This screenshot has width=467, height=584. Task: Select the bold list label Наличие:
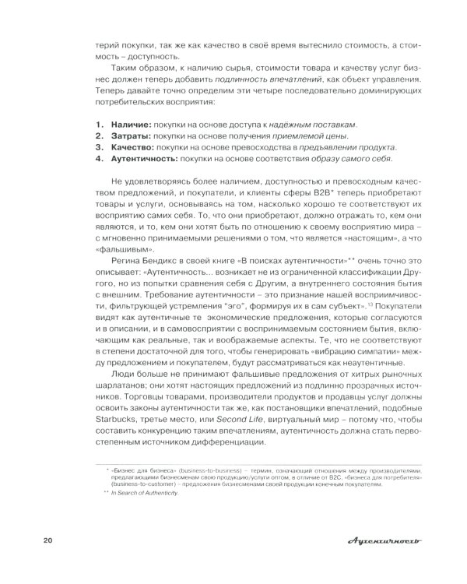coord(130,125)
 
